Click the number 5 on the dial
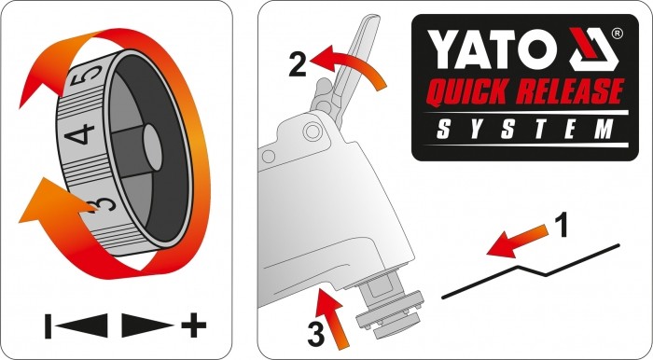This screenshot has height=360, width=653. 90,76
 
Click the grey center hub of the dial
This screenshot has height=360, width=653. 152,148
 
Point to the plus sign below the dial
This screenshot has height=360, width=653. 194,325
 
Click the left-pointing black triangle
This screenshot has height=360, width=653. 82,325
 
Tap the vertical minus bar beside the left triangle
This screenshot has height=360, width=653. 49,325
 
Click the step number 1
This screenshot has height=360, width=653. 563,225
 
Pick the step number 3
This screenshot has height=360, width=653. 315,335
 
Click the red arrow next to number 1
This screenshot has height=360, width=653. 517,242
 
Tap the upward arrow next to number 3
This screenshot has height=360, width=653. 331,316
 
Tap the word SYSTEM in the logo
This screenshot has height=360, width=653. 524,129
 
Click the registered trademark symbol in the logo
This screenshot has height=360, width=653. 617,34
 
